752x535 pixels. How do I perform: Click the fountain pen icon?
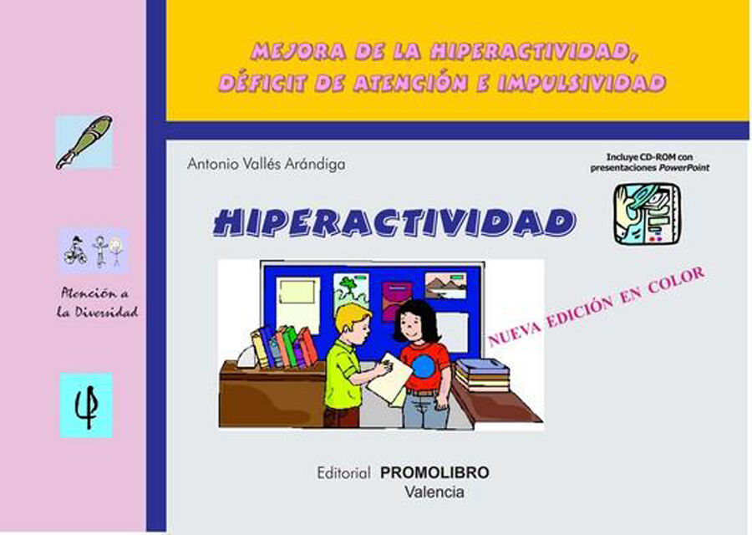[84, 142]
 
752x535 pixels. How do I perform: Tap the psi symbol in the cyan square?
[86, 405]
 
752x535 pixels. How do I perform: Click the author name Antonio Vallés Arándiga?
[267, 165]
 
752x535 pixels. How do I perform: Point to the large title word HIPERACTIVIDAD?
[394, 222]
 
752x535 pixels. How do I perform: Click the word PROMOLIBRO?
[434, 473]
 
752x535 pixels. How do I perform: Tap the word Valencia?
[434, 492]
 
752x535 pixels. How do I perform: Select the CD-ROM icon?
[646, 214]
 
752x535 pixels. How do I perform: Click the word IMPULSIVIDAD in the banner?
[594, 83]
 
